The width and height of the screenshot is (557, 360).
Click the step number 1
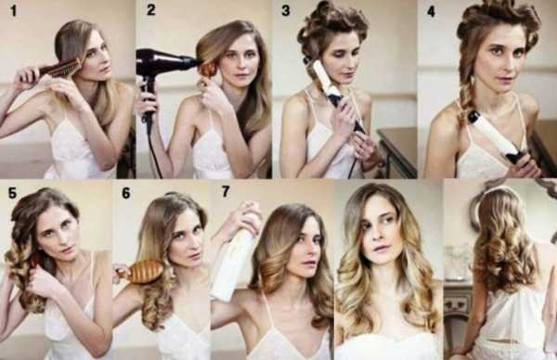14,10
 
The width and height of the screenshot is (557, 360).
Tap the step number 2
151,9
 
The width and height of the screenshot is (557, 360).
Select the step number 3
286,10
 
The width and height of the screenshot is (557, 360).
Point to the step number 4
431,11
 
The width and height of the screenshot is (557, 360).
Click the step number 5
12,193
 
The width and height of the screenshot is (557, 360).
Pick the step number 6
126,193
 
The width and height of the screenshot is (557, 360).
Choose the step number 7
226,191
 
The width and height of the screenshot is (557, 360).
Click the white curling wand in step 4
496,136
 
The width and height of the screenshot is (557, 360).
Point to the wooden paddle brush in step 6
140,272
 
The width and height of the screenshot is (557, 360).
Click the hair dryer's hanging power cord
153,149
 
